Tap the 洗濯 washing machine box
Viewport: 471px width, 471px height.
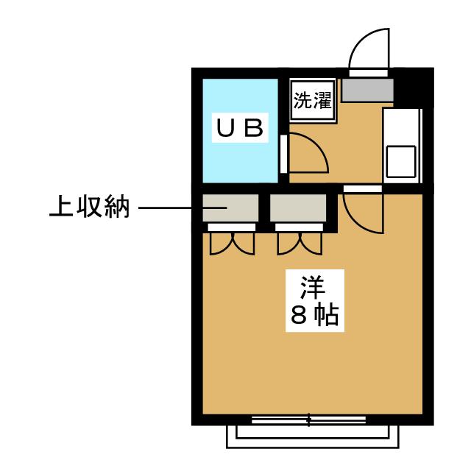(x=313, y=101)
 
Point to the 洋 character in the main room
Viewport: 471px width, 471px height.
(x=313, y=285)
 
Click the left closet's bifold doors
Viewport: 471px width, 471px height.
(x=231, y=243)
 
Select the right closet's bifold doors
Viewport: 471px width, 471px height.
(x=298, y=243)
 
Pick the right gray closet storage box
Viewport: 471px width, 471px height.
(x=298, y=208)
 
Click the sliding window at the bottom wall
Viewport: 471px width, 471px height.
(x=308, y=420)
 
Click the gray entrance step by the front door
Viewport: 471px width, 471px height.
(x=367, y=89)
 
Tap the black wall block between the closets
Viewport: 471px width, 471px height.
(x=264, y=210)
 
